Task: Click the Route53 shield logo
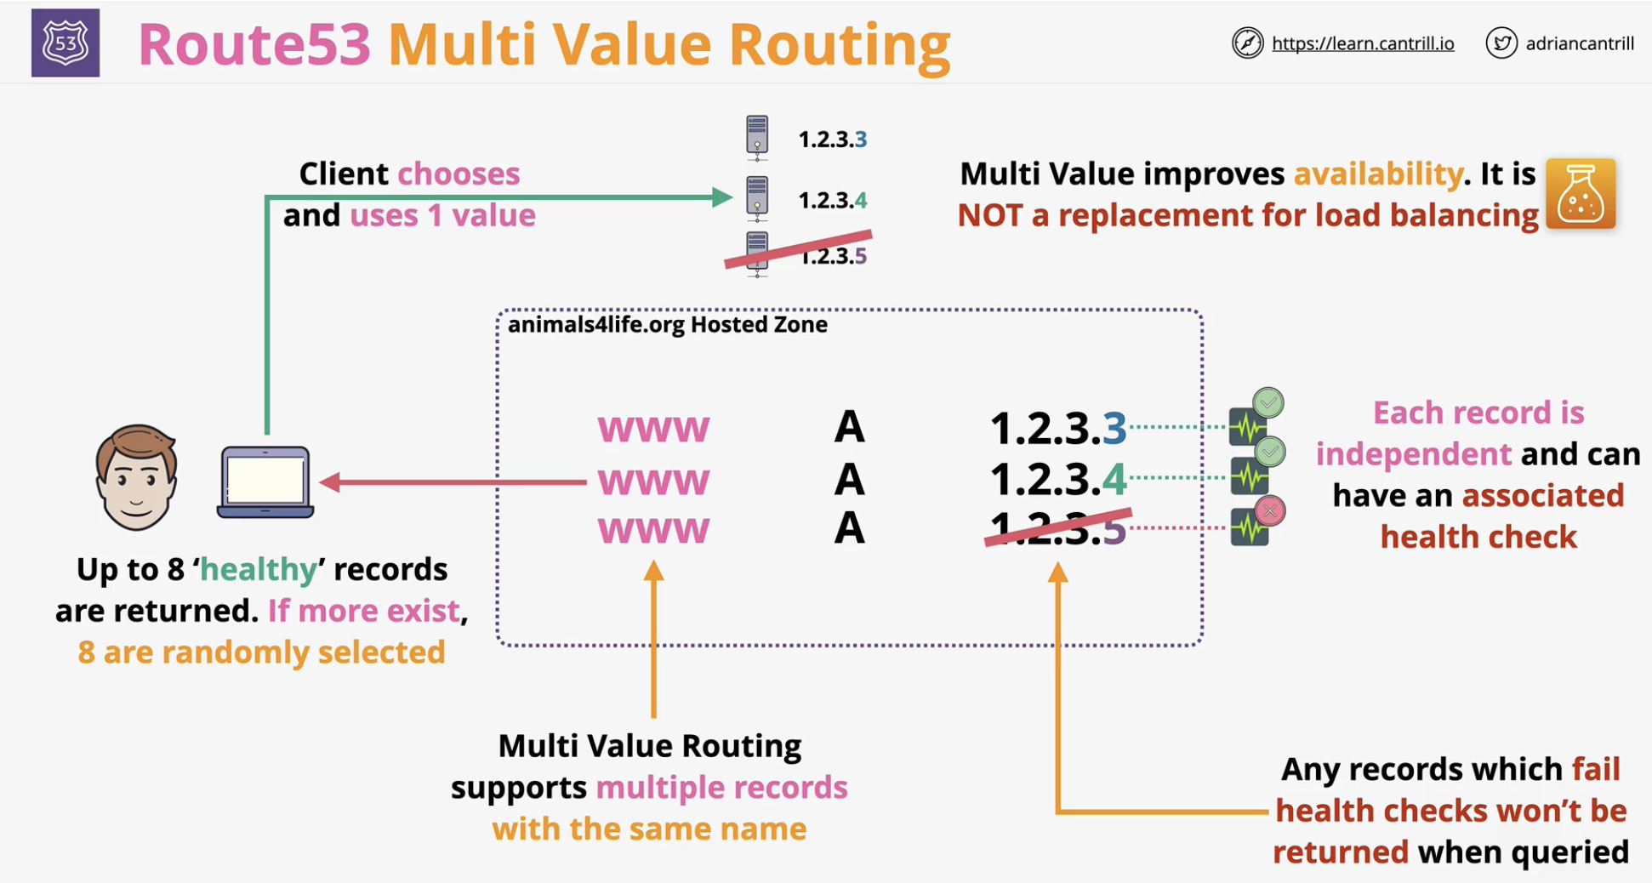(x=66, y=43)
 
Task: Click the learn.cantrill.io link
(x=1363, y=43)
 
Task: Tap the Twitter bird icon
(x=1501, y=43)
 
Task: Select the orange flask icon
(x=1581, y=194)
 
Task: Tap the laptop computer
(x=265, y=481)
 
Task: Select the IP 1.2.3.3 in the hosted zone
(x=1058, y=428)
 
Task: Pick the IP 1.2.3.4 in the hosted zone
(x=1058, y=479)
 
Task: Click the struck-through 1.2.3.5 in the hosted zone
(x=1058, y=528)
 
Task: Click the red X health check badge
(x=1270, y=510)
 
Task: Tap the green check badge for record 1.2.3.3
(x=1268, y=402)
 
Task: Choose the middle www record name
(x=653, y=482)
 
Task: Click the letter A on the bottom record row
(x=849, y=528)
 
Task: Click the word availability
(x=1378, y=174)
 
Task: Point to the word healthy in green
(x=259, y=569)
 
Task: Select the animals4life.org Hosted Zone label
(x=667, y=324)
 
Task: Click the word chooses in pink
(x=459, y=174)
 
